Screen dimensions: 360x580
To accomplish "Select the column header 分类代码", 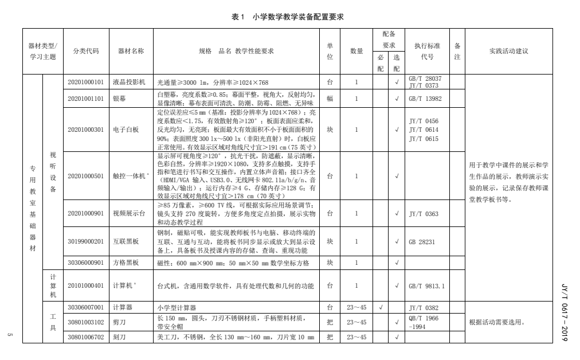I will pyautogui.click(x=86, y=51).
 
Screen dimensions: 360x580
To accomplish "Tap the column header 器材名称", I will pyautogui.click(x=131, y=51).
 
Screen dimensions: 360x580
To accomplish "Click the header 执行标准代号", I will pyautogui.click(x=427, y=51).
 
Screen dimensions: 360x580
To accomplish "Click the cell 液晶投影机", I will pyautogui.click(x=129, y=82).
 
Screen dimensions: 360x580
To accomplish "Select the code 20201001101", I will pyautogui.click(x=86, y=98).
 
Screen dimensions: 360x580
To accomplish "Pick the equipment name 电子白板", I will pyautogui.click(x=126, y=130).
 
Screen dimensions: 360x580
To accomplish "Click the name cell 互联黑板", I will pyautogui.click(x=126, y=242).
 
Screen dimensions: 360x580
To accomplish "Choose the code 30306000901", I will pyautogui.click(x=86, y=263).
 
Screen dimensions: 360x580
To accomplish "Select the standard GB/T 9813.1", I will pyautogui.click(x=426, y=285).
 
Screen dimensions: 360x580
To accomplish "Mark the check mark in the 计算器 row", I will pyautogui.click(x=381, y=307).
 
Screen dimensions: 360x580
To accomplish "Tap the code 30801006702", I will pyautogui.click(x=86, y=337).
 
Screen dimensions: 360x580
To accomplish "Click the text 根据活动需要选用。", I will pyautogui.click(x=496, y=322).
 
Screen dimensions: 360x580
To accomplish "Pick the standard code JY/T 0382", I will pyautogui.click(x=424, y=307).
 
